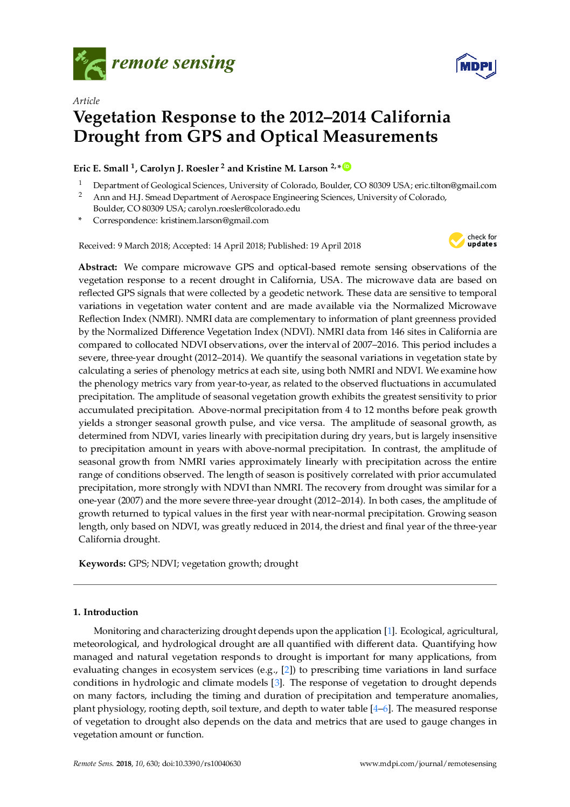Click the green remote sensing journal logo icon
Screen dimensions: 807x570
coord(89,64)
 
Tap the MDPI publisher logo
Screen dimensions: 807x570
coord(476,66)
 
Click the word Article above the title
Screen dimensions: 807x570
coord(86,101)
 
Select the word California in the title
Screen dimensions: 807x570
coord(411,117)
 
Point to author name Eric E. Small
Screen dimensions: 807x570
coord(101,168)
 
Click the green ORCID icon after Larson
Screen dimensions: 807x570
coord(347,167)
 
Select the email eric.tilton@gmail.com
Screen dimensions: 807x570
coord(455,185)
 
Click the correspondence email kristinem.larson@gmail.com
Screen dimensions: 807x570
coord(214,220)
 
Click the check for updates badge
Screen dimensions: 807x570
coord(472,240)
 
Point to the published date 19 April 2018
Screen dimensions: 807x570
coord(335,246)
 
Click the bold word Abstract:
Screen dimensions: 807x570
coord(98,267)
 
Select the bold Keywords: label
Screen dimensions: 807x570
coord(102,564)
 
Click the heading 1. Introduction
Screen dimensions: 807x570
coord(106,612)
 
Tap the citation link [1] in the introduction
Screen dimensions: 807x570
coord(389,631)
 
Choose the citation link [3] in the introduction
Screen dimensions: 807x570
coord(276,683)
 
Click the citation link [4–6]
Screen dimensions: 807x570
coord(381,709)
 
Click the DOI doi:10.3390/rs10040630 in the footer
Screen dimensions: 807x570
coord(201,764)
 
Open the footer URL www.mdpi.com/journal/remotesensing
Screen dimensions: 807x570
coord(428,764)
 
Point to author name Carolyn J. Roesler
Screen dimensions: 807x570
coord(179,168)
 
